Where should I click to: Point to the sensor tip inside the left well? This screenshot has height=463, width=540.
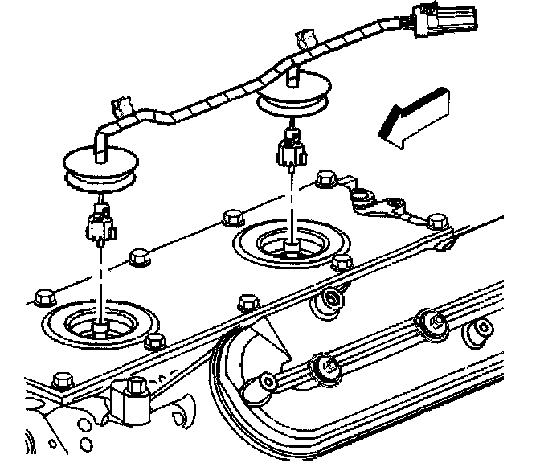[x=99, y=326]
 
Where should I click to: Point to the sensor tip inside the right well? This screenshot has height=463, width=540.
[x=292, y=244]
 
